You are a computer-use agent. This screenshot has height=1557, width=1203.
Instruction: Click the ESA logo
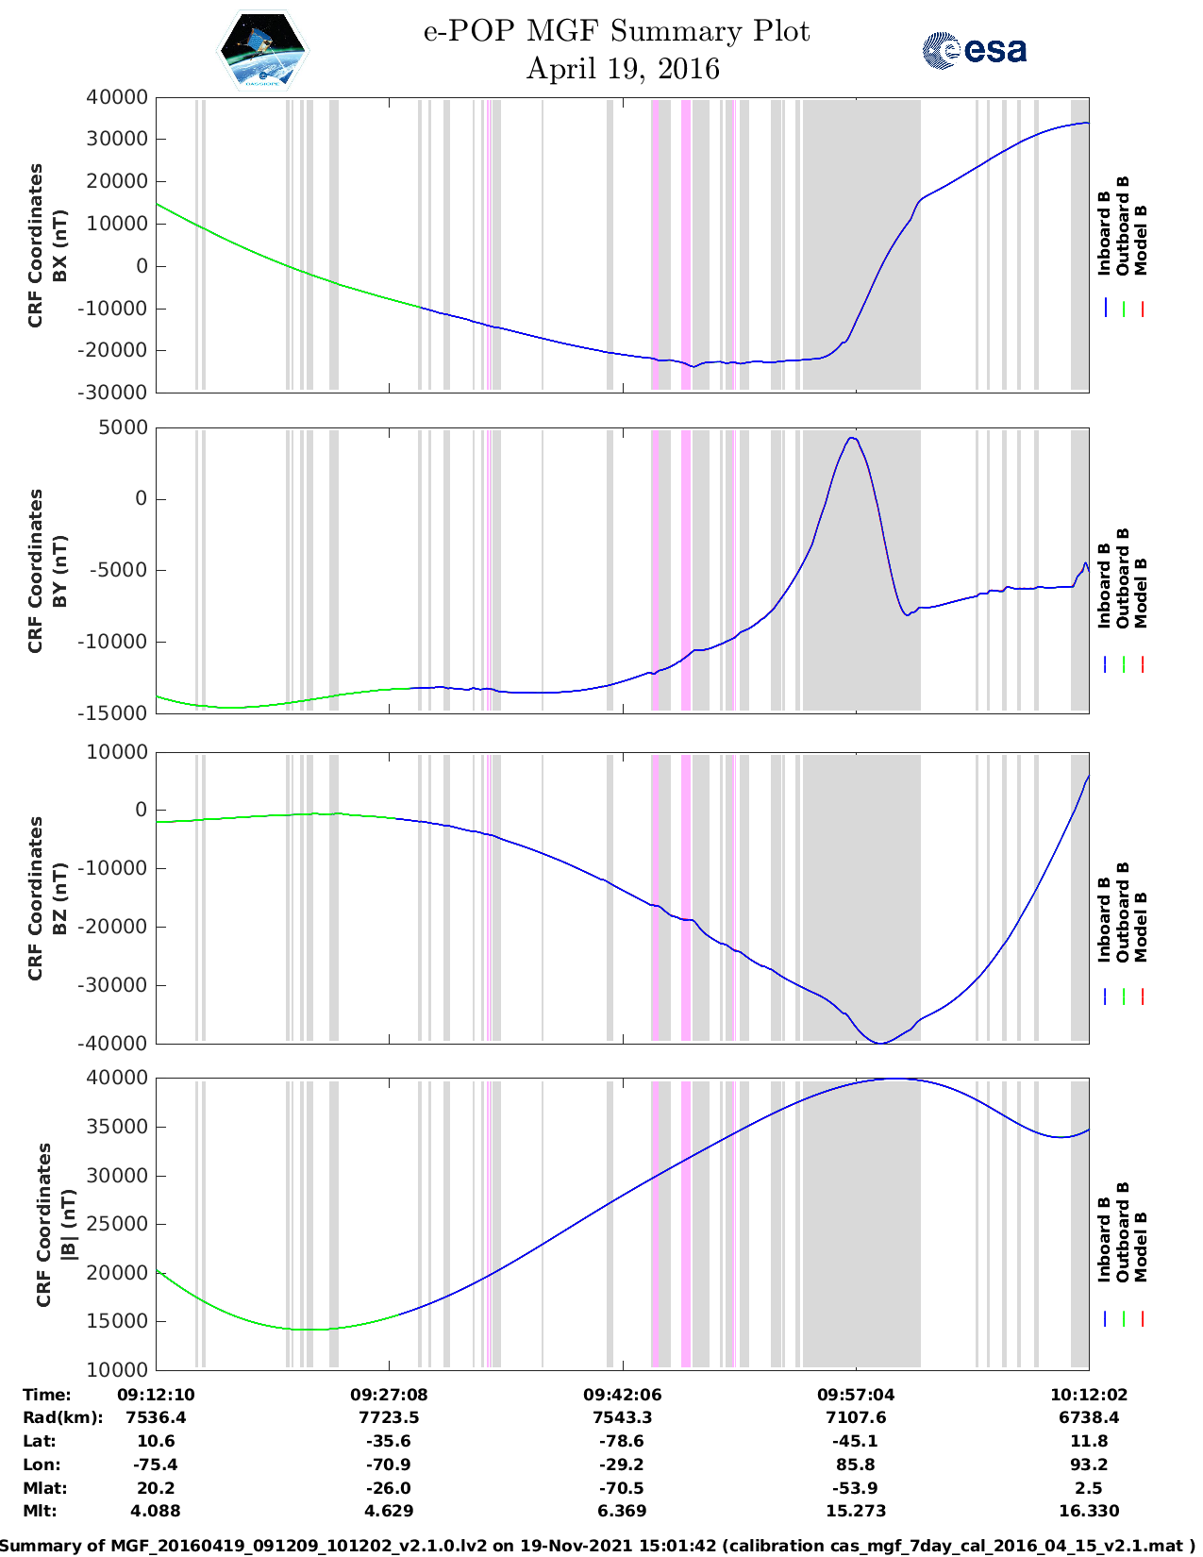tap(974, 50)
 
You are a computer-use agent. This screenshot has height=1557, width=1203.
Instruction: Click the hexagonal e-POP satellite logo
tap(262, 50)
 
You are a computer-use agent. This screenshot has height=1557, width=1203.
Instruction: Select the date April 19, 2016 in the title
tap(622, 69)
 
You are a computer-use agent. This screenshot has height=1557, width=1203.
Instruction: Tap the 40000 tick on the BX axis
tap(116, 97)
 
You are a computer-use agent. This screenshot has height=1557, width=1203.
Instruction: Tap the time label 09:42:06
tap(622, 1395)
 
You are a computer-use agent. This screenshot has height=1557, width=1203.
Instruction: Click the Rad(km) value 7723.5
tap(389, 1417)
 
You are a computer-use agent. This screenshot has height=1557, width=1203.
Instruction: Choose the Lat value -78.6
tap(622, 1441)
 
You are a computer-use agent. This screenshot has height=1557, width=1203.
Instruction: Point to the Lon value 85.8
tap(856, 1465)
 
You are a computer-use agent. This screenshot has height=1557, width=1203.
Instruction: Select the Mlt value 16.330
tap(1089, 1511)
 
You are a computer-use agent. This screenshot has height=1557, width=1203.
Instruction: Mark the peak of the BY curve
tap(852, 438)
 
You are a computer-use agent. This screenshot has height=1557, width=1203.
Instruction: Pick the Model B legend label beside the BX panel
tap(1141, 240)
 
